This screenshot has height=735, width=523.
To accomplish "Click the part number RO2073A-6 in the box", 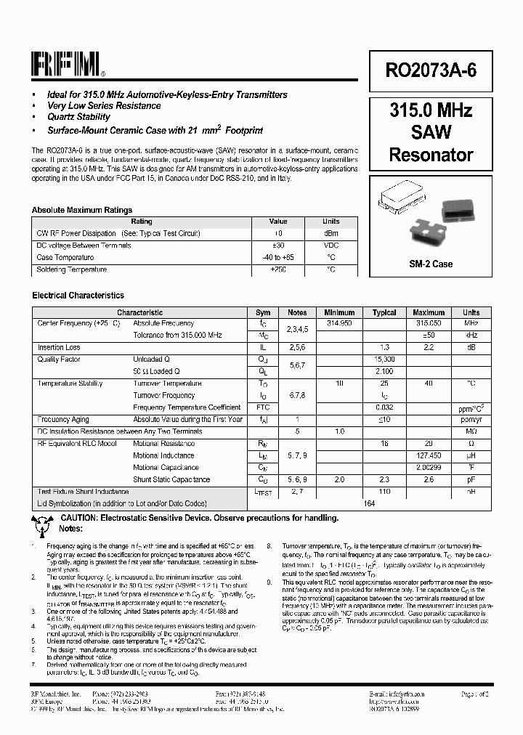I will pos(431,70).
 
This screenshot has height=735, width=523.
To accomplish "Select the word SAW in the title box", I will pos(431,132).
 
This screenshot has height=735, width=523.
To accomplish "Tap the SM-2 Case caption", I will pos(431,264).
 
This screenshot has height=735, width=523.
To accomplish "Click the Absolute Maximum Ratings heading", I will pos(82,210).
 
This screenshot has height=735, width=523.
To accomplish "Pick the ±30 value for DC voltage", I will pos(278,245).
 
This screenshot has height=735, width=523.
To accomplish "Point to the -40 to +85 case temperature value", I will pos(278,257).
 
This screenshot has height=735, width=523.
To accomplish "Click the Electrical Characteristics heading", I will pos(78,296).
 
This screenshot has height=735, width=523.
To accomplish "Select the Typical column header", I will pos(384,312).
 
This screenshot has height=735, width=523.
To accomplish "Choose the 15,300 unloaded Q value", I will pos(384,360).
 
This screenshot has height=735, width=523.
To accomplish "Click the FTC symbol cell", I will pos(263,407).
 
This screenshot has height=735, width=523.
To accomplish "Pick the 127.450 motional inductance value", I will pos(429,455).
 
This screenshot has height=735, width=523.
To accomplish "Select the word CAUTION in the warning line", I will pos(82,518).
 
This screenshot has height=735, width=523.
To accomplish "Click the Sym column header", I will pos(263,312).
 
